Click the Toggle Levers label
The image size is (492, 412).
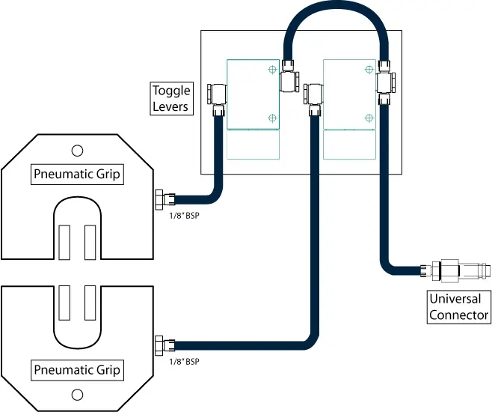pyautogui.click(x=171, y=98)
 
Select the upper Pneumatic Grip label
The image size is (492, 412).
pyautogui.click(x=78, y=175)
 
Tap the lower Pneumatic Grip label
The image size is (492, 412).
pyautogui.click(x=78, y=369)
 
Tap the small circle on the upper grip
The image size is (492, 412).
pyautogui.click(x=76, y=150)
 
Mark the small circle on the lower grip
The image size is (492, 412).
pyautogui.click(x=76, y=395)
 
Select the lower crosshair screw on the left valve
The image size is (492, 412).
pyautogui.click(x=271, y=118)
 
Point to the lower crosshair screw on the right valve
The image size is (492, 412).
pyautogui.click(x=367, y=118)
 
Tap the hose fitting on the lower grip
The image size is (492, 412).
pyautogui.click(x=162, y=345)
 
